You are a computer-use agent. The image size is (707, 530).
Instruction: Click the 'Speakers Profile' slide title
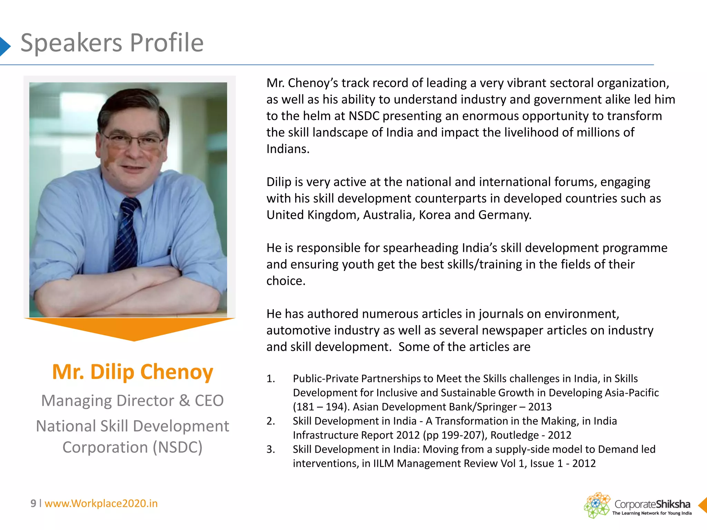pos(112,43)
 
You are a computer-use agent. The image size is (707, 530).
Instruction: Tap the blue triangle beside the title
pos(4,46)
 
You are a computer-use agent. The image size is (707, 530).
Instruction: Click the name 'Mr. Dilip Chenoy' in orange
pos(133,372)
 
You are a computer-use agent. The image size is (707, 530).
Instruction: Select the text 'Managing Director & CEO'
pos(133,401)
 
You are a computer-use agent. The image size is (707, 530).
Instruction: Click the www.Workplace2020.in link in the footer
pos(101,503)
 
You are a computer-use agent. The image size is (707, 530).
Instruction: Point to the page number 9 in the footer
pos(33,503)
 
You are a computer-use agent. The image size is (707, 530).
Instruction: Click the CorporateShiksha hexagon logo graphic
pos(597,505)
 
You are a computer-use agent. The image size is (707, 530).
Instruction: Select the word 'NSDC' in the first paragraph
pos(364,116)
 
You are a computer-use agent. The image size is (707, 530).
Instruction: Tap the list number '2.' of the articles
pos(271,421)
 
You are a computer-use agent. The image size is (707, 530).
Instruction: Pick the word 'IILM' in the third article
pos(383,463)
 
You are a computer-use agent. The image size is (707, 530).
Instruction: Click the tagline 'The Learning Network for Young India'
pos(652,513)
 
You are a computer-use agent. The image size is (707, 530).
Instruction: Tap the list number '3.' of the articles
pos(271,449)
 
